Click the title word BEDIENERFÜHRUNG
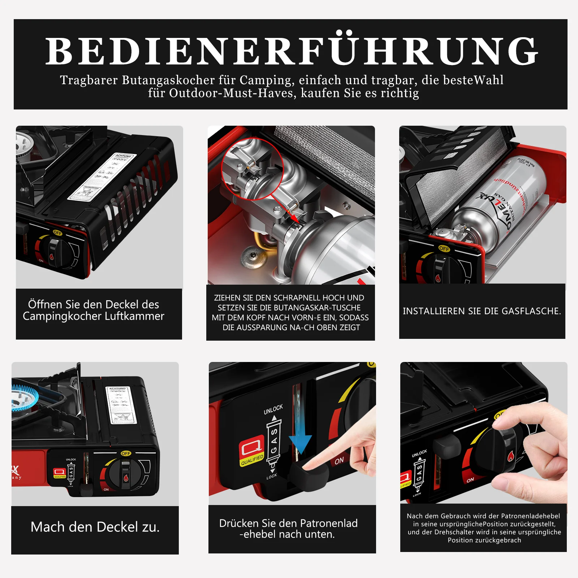[291, 51]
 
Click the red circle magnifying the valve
[252, 169]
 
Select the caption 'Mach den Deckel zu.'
[95, 527]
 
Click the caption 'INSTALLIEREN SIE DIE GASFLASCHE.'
[482, 311]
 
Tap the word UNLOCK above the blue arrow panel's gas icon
[273, 409]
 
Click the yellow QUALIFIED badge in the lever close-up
[252, 460]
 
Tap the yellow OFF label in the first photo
[58, 233]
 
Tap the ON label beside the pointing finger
[339, 461]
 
